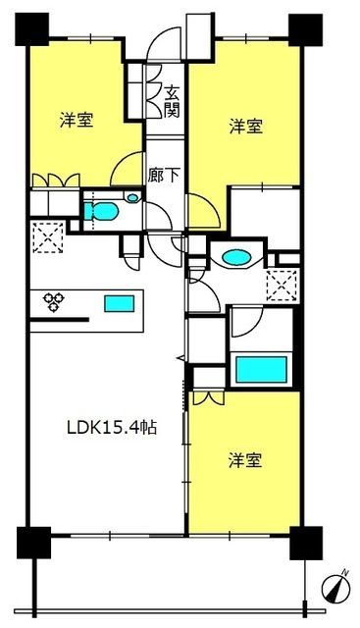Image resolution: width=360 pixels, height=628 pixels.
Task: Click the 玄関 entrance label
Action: point(173,102)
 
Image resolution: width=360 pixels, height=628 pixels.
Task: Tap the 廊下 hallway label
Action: point(163,176)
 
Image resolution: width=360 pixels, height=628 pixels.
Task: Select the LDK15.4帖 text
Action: point(112,428)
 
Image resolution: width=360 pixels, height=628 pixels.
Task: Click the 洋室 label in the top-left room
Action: point(77,121)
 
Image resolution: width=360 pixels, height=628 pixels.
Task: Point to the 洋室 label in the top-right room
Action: point(246,127)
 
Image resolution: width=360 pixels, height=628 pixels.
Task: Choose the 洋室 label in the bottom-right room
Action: point(245,460)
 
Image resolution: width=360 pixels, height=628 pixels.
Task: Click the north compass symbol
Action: point(336,587)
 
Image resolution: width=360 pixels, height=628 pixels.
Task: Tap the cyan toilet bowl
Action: point(101,211)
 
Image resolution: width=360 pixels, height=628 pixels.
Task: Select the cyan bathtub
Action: point(262,369)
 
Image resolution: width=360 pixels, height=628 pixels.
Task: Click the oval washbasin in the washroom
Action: point(236,257)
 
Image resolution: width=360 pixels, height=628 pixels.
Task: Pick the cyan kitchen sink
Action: point(120,303)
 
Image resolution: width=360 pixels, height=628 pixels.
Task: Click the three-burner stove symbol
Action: point(54,301)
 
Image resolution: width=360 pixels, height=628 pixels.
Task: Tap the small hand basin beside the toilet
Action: point(131,196)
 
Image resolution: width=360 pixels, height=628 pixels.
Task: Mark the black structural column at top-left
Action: point(32,29)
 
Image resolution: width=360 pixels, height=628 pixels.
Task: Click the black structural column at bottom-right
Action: point(306,543)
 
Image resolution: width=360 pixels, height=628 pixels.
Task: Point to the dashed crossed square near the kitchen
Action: point(48,237)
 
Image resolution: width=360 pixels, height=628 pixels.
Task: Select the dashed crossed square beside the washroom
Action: point(283,286)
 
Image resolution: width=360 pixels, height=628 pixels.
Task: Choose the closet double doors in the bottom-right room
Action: point(208,397)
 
